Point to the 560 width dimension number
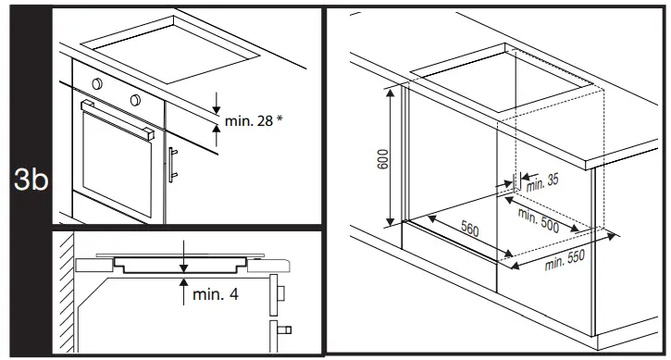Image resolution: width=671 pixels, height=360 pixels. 469,230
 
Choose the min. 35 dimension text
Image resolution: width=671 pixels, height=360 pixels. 542,181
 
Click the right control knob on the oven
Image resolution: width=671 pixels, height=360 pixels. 135,98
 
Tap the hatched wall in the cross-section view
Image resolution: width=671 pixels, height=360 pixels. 64,296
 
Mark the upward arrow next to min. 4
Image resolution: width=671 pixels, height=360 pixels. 184,287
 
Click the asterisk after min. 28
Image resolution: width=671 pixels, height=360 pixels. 279,118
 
